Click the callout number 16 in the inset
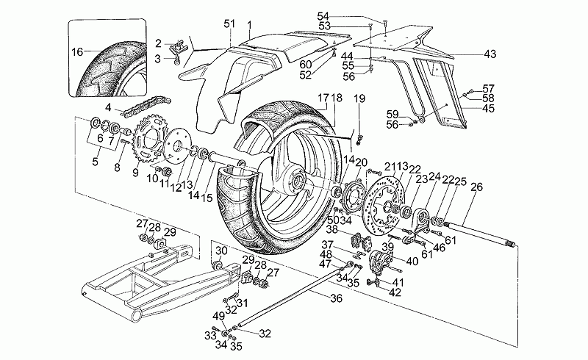77,52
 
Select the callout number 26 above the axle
475,187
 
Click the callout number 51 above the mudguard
228,24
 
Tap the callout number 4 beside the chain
107,107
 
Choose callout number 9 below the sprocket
135,173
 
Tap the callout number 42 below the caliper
396,292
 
